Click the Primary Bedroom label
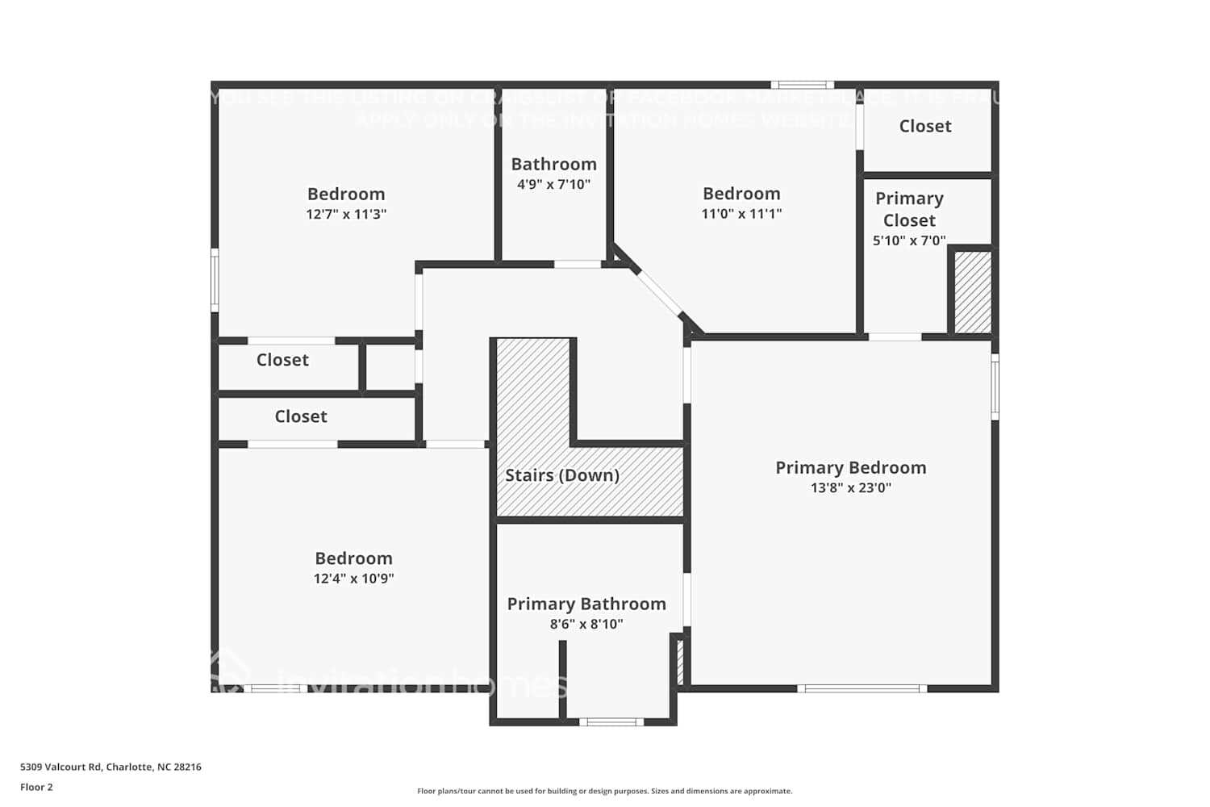click(x=850, y=468)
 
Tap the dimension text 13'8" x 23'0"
click(x=850, y=487)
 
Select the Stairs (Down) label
click(x=562, y=475)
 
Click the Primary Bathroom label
click(x=586, y=604)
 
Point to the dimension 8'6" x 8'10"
click(x=586, y=624)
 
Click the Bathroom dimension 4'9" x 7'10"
click(x=553, y=184)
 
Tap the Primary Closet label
click(x=909, y=209)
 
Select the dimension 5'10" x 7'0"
click(x=909, y=240)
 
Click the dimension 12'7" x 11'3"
click(x=346, y=214)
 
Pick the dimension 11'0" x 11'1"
click(x=741, y=214)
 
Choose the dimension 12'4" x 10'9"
click(x=353, y=579)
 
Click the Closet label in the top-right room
click(x=925, y=126)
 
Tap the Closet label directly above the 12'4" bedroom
click(x=301, y=416)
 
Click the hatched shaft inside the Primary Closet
click(x=973, y=291)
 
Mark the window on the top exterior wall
click(x=802, y=85)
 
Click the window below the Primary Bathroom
click(x=611, y=721)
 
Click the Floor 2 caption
click(x=36, y=787)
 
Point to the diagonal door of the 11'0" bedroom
click(x=657, y=294)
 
